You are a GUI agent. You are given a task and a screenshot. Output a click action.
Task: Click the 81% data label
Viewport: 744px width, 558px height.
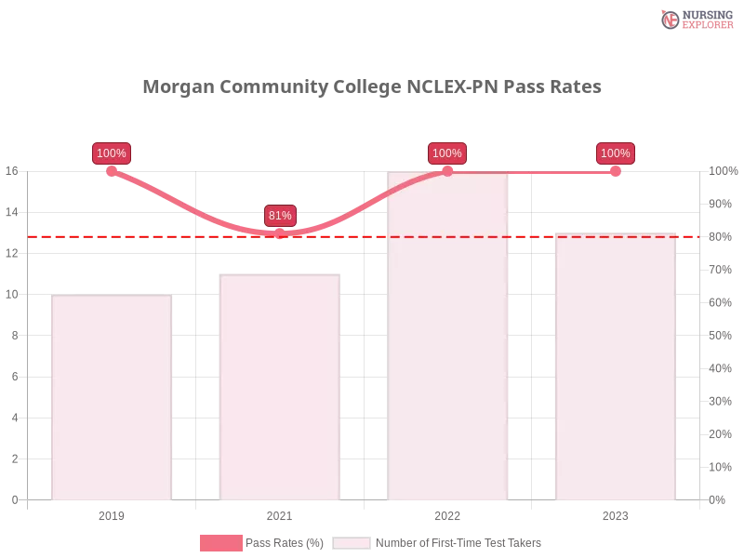[x=280, y=216]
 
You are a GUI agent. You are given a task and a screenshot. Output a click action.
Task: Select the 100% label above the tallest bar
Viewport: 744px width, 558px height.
[x=447, y=153]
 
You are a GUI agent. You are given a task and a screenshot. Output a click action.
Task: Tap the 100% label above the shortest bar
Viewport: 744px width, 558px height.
[x=112, y=153]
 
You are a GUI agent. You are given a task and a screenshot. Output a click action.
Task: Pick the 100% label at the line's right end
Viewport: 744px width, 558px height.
[x=615, y=153]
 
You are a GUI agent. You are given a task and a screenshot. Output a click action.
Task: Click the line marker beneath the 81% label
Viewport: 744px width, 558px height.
[x=281, y=232]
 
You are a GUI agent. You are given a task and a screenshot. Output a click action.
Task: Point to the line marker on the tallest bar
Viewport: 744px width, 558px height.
[x=447, y=171]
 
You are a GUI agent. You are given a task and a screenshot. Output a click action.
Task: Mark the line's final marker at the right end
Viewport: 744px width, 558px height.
[x=615, y=171]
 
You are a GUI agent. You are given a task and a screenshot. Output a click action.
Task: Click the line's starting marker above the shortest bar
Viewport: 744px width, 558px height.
[x=112, y=171]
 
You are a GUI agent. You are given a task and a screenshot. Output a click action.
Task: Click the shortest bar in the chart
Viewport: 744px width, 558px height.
[x=112, y=400]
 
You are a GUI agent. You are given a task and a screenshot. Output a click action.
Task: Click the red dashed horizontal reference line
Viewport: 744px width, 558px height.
[x=372, y=236]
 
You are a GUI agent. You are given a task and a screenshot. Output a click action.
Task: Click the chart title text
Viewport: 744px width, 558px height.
[x=372, y=87]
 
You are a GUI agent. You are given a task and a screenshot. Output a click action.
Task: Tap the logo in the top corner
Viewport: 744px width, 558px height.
[x=695, y=19]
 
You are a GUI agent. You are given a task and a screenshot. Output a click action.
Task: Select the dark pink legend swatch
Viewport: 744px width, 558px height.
[x=220, y=543]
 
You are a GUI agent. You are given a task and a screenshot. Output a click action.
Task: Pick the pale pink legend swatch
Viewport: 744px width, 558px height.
[x=351, y=543]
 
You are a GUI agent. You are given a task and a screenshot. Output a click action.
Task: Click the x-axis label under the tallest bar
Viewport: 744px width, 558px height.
[x=447, y=514]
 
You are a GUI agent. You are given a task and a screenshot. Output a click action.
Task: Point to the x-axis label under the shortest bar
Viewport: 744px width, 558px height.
[x=112, y=514]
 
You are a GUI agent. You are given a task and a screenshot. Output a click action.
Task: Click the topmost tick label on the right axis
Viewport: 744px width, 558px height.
[x=721, y=171]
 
